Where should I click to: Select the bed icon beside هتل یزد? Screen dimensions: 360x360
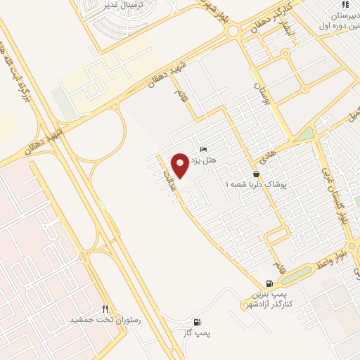click(204, 149)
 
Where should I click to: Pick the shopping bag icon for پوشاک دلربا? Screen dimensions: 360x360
click(257, 174)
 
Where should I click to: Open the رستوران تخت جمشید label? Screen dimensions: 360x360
click(105, 319)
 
